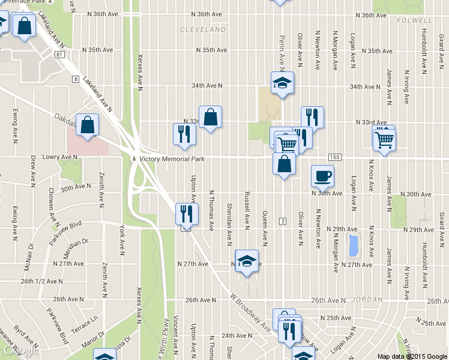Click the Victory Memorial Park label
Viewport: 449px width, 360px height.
click(172, 159)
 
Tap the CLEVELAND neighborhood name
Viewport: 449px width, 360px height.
click(203, 29)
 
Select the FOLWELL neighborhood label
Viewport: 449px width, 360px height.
click(411, 20)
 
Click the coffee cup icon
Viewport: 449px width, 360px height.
click(322, 175)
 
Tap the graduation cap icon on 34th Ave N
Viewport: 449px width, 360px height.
click(281, 83)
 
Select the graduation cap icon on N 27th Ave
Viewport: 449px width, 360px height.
click(246, 261)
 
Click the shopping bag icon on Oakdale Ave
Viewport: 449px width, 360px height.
click(88, 125)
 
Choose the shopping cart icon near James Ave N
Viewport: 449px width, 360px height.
click(384, 140)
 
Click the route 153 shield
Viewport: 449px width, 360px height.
click(335, 157)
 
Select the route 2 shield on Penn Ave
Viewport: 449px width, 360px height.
click(282, 221)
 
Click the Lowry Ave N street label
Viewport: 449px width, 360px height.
click(61, 157)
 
